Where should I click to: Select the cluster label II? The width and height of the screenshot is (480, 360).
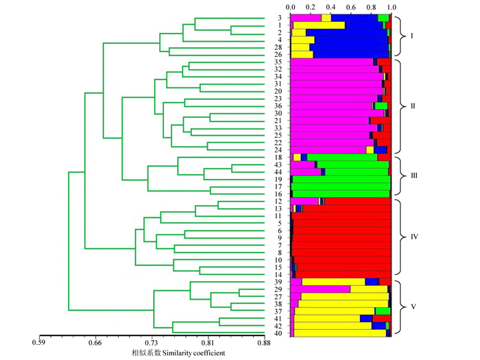click(412, 106)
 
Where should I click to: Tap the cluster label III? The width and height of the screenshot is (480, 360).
click(413, 175)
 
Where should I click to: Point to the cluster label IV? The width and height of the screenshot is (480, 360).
click(413, 236)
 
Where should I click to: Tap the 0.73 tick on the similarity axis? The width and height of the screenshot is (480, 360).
click(151, 341)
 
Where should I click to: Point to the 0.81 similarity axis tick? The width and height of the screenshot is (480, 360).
click(207, 341)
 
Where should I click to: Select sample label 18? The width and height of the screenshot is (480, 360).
click(279, 158)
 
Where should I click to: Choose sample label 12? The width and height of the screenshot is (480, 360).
click(279, 202)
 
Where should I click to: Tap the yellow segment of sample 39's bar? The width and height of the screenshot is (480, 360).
click(333, 282)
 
